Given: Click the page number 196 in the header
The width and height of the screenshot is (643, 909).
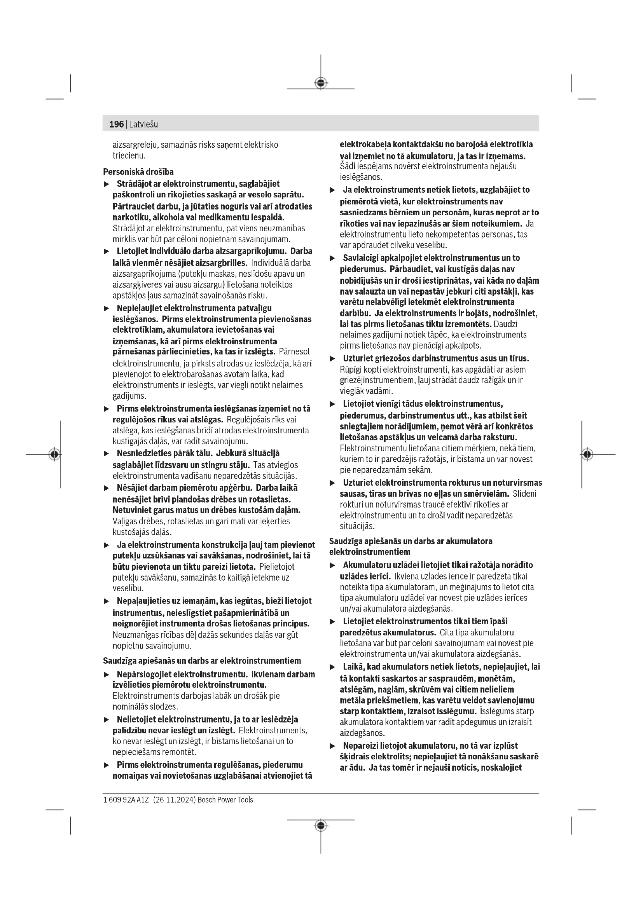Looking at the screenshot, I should pyautogui.click(x=116, y=124).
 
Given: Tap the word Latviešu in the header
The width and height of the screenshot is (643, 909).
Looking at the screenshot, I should pyautogui.click(x=143, y=124).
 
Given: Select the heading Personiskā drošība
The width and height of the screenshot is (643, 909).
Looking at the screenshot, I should pyautogui.click(x=138, y=172).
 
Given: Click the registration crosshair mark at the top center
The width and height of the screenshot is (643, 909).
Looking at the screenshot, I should pyautogui.click(x=321, y=83).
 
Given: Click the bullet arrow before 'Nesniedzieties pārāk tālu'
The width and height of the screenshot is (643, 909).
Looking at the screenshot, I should pyautogui.click(x=106, y=454).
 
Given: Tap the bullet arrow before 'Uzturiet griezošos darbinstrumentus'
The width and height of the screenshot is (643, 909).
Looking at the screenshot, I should pyautogui.click(x=333, y=359).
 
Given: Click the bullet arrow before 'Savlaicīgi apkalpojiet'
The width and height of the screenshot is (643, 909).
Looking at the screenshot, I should pyautogui.click(x=333, y=258).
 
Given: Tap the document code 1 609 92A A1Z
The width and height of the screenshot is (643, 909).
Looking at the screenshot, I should pyautogui.click(x=126, y=800).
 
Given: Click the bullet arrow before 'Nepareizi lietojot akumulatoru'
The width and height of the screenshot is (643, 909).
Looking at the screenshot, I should pyautogui.click(x=333, y=746).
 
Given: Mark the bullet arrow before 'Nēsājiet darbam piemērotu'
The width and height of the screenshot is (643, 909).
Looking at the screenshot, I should pyautogui.click(x=106, y=488).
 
